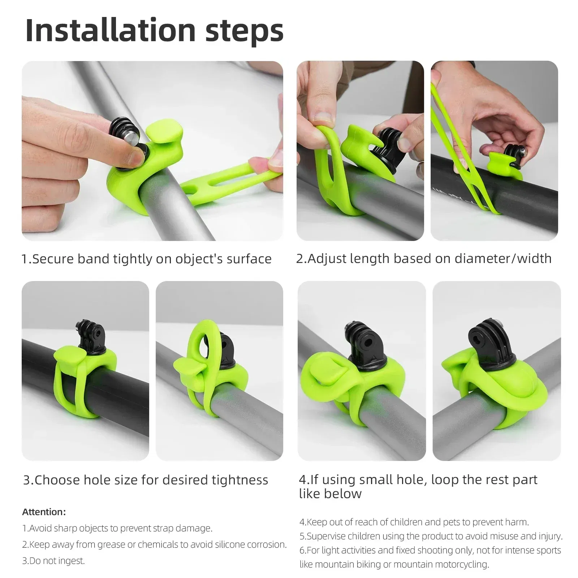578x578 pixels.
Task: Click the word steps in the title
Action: click(x=244, y=30)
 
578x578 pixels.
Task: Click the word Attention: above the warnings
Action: click(x=44, y=512)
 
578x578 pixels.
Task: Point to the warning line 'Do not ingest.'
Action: click(x=53, y=561)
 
